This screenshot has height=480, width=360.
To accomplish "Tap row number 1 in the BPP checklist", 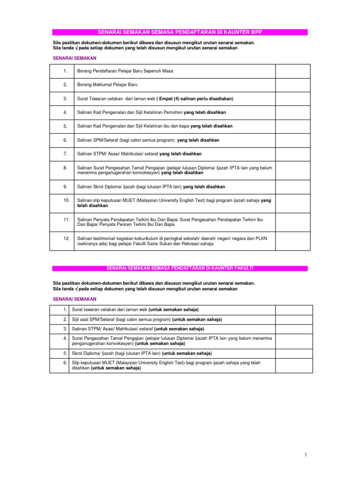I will click(66, 71).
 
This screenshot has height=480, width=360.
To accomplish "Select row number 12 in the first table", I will click(66, 239).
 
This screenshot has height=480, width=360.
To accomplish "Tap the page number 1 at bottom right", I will click(305, 455).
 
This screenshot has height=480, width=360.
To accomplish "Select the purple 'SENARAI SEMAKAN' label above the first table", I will click(74, 58).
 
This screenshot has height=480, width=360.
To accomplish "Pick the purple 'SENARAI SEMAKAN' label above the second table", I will click(74, 299).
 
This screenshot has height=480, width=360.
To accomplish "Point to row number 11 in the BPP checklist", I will click(66, 219).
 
